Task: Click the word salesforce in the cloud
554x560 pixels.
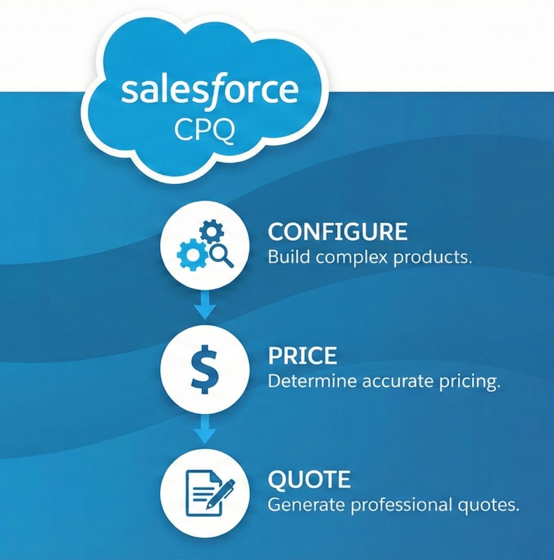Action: coord(210,91)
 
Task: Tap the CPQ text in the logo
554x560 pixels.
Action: coord(205,130)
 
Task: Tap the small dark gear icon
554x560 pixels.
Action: coord(211,232)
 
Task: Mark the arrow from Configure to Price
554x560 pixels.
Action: coord(204,305)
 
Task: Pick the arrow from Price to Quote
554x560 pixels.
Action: coord(204,429)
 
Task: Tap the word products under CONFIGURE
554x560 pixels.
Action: coord(432,257)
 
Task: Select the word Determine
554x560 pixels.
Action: coord(312,381)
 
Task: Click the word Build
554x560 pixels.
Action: coord(289,257)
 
